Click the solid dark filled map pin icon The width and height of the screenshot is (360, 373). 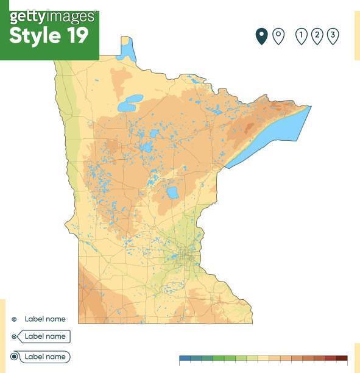261,36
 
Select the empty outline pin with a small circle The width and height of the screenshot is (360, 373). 278,36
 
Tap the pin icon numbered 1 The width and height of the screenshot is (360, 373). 301,36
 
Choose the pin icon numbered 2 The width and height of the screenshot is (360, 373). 317,36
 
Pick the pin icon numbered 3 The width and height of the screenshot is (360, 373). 333,36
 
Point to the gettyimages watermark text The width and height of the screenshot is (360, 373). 52,16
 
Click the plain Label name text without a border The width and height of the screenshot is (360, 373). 45,319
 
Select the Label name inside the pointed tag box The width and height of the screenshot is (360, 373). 45,336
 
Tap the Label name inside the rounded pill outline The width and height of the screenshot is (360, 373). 45,357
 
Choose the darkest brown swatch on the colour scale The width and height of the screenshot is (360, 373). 342,358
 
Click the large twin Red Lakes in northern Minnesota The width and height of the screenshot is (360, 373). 130,104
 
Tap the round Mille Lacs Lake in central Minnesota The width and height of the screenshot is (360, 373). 172,193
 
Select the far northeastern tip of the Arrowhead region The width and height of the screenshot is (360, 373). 309,107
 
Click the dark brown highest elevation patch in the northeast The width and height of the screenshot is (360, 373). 249,128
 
